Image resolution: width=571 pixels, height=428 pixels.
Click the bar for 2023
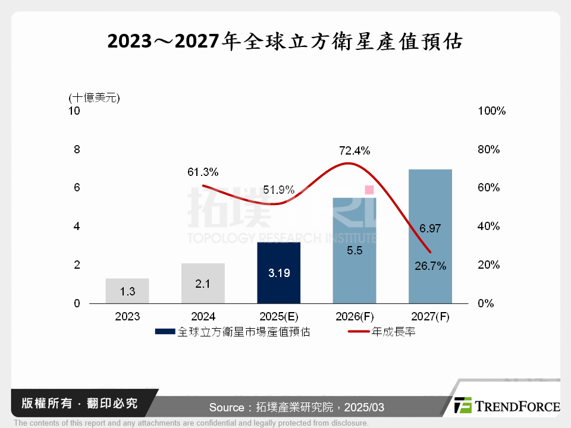[x=127, y=291]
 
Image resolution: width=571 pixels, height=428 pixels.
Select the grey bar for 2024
[x=203, y=283]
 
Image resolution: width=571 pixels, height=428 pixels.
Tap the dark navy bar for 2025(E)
[x=278, y=272]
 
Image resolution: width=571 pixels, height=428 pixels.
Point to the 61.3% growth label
[x=203, y=172]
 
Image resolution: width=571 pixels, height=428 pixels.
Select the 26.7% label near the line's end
[x=430, y=266]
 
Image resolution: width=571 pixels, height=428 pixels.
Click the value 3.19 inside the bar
[x=278, y=274]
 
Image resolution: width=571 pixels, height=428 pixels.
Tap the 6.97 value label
[x=430, y=228]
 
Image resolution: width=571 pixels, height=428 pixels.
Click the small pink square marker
[x=369, y=190]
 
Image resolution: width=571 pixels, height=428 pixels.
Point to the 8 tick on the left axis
[x=77, y=149]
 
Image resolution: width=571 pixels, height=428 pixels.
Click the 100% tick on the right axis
[x=491, y=111]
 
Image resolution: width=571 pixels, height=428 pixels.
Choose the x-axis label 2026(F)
[x=354, y=317]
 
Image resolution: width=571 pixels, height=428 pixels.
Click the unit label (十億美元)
[x=95, y=97]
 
